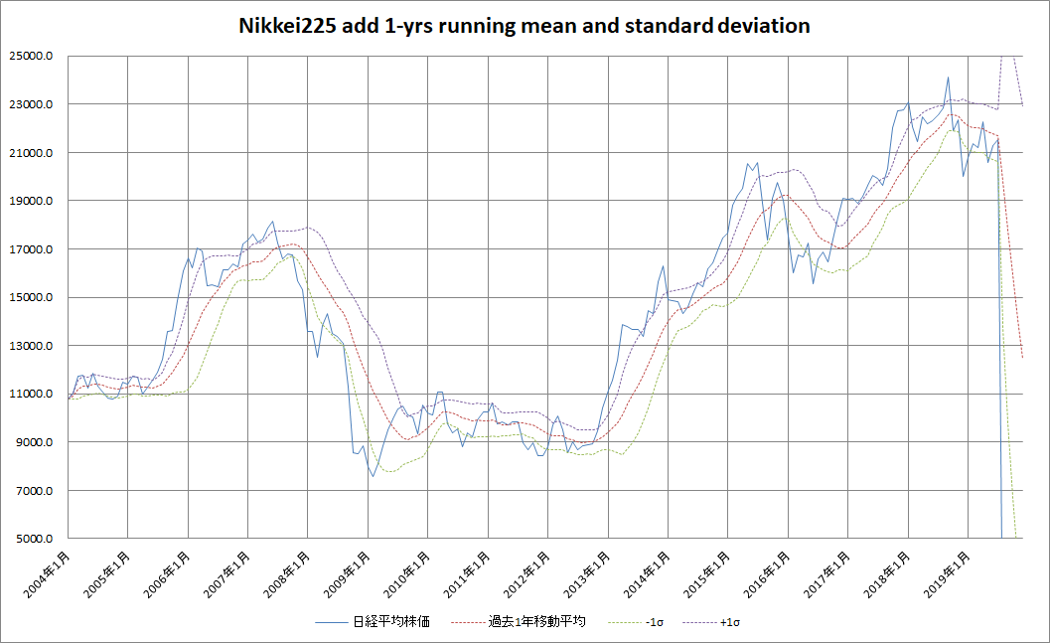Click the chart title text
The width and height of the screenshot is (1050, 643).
click(x=525, y=26)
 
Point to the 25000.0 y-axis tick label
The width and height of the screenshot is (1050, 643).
click(x=34, y=57)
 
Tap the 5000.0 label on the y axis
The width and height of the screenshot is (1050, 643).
click(x=37, y=539)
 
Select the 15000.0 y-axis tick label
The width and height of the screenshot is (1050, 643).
click(x=34, y=297)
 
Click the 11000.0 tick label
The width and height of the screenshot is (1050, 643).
click(x=34, y=394)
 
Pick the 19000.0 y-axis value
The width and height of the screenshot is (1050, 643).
click(x=34, y=201)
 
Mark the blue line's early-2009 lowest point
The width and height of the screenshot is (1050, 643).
click(x=374, y=476)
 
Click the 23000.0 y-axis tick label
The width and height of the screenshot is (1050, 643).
click(x=34, y=104)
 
